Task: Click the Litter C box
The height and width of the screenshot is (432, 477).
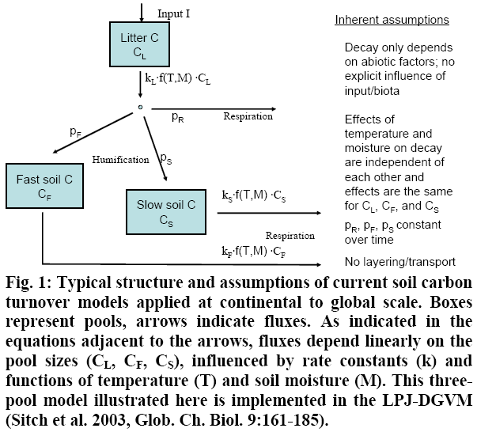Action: click(140, 44)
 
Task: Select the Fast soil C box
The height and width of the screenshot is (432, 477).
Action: click(45, 186)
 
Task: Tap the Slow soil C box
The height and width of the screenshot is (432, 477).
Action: click(166, 212)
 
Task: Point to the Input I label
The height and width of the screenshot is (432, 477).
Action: click(174, 13)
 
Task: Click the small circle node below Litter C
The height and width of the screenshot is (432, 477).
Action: click(140, 107)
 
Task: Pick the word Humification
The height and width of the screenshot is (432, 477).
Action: click(120, 159)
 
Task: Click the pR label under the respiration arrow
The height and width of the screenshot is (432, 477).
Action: click(178, 117)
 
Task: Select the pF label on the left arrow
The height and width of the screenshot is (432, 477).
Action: click(76, 132)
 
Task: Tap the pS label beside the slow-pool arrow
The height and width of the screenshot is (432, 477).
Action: click(166, 158)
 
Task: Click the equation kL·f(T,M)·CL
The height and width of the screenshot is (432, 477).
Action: click(178, 79)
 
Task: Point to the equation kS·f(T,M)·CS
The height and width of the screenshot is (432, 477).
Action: click(254, 195)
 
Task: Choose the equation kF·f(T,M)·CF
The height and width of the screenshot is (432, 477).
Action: click(254, 252)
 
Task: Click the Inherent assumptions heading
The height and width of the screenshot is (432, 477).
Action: click(392, 20)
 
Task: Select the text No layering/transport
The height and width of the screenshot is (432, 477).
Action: click(400, 262)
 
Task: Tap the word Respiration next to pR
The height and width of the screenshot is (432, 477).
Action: click(248, 116)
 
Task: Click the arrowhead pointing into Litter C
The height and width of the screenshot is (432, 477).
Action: click(141, 19)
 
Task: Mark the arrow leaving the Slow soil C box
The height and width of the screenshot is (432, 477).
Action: click(269, 213)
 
